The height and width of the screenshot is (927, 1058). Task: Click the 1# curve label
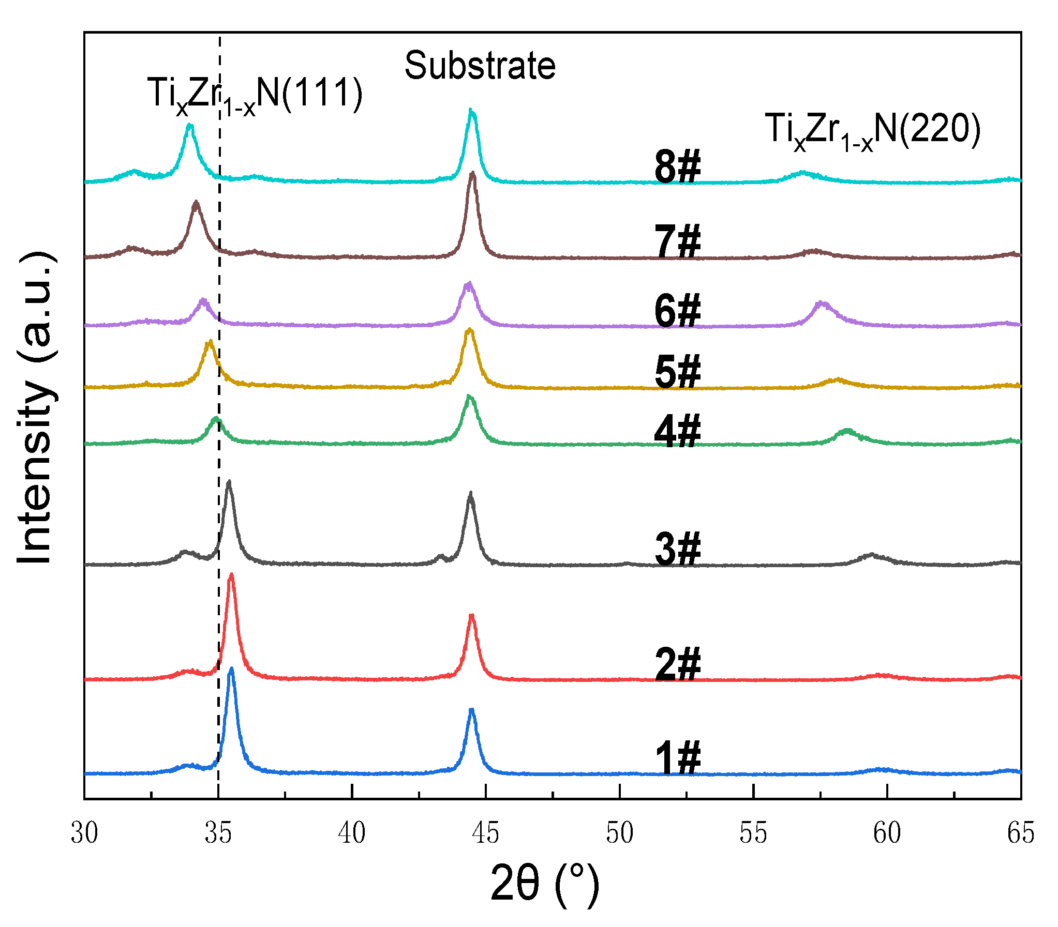tap(678, 757)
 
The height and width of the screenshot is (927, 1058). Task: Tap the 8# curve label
tap(678, 166)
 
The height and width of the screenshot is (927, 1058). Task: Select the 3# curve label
tap(678, 549)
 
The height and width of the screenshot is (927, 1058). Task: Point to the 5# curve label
tap(678, 371)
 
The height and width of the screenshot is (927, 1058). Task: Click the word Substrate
tap(480, 66)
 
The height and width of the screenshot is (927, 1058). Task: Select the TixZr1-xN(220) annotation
tap(872, 130)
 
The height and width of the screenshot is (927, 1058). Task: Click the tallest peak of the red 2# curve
tap(231, 575)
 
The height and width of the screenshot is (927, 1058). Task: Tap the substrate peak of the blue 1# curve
tap(471, 711)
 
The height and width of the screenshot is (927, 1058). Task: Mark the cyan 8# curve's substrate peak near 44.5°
tap(470, 110)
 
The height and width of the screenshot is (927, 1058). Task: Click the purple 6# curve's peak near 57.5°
tap(822, 303)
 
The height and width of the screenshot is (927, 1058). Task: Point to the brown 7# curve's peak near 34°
tap(196, 203)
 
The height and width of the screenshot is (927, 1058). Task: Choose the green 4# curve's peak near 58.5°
tap(847, 430)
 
